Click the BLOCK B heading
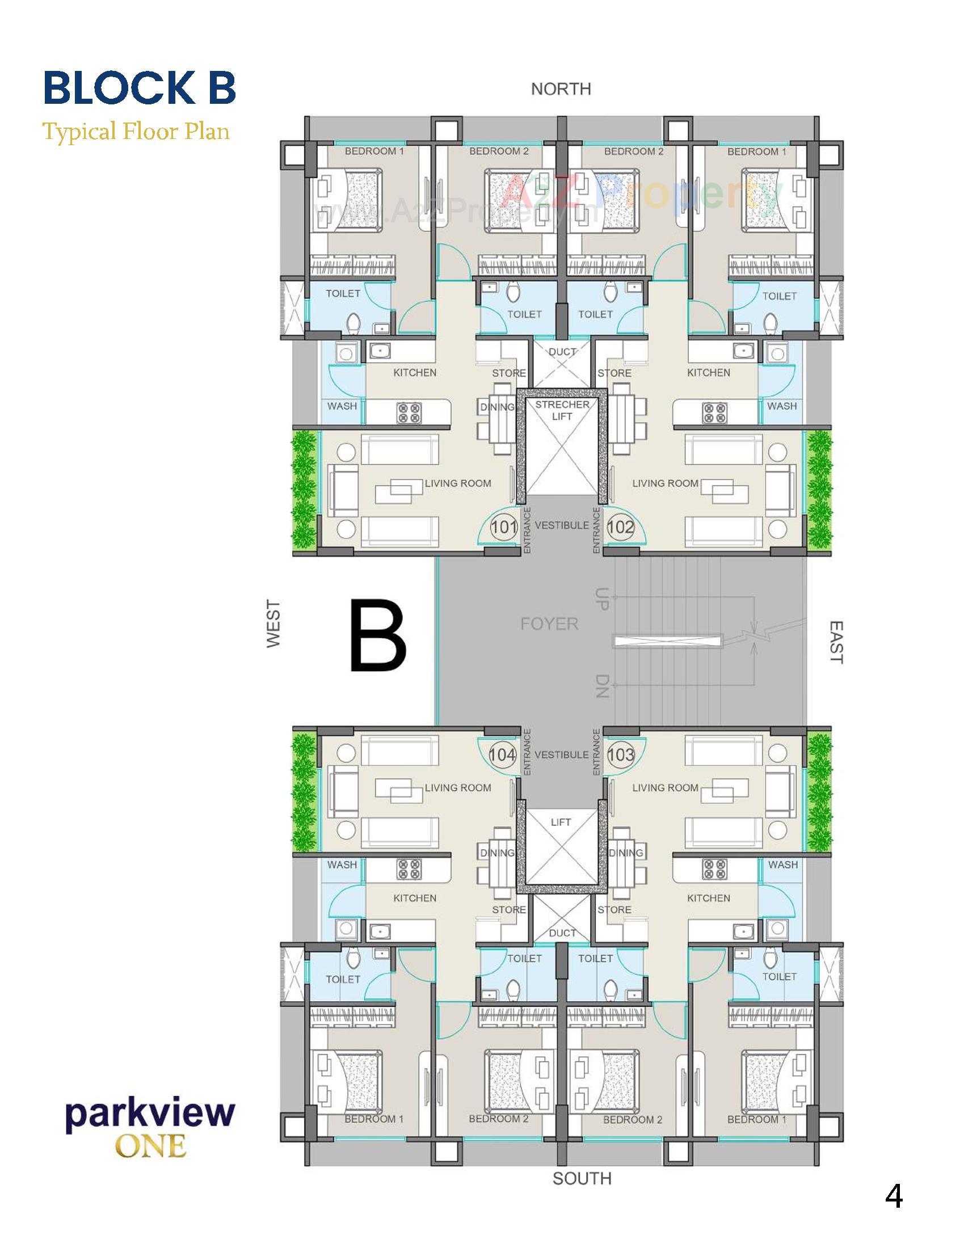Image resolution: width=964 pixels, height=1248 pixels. (140, 87)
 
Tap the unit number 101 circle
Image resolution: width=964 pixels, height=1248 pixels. (504, 526)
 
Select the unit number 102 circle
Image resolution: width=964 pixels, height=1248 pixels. (621, 526)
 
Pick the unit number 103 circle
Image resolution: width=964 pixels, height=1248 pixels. (621, 755)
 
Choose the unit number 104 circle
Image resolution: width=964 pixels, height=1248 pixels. (503, 755)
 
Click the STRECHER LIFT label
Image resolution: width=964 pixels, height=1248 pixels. (562, 410)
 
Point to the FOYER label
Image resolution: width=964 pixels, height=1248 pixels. (549, 623)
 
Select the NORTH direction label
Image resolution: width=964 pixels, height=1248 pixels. (561, 89)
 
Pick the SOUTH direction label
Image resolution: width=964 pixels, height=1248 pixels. (582, 1179)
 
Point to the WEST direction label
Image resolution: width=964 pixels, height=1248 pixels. (273, 623)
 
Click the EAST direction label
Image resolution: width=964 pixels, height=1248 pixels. (835, 642)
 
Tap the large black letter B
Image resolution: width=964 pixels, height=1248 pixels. (378, 635)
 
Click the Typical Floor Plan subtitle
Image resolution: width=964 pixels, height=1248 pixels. (137, 132)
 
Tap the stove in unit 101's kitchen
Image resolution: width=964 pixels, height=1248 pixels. (409, 413)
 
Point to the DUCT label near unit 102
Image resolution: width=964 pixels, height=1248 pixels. (562, 352)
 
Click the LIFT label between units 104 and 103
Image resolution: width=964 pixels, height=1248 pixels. (561, 823)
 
